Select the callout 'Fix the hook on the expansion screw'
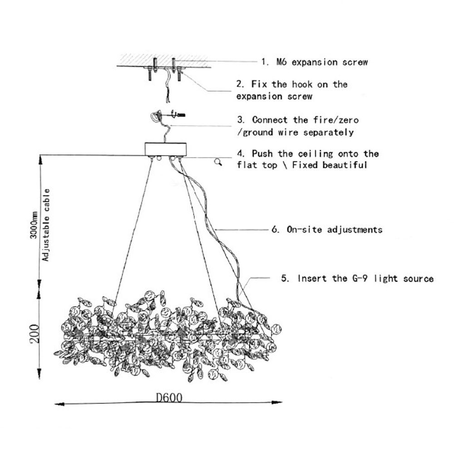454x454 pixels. click(292, 90)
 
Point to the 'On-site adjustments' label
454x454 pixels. click(334, 230)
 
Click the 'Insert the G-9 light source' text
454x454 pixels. click(365, 278)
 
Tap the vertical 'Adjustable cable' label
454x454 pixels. click(46, 225)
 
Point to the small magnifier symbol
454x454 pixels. click(218, 162)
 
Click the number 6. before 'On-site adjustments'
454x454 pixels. click(275, 230)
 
